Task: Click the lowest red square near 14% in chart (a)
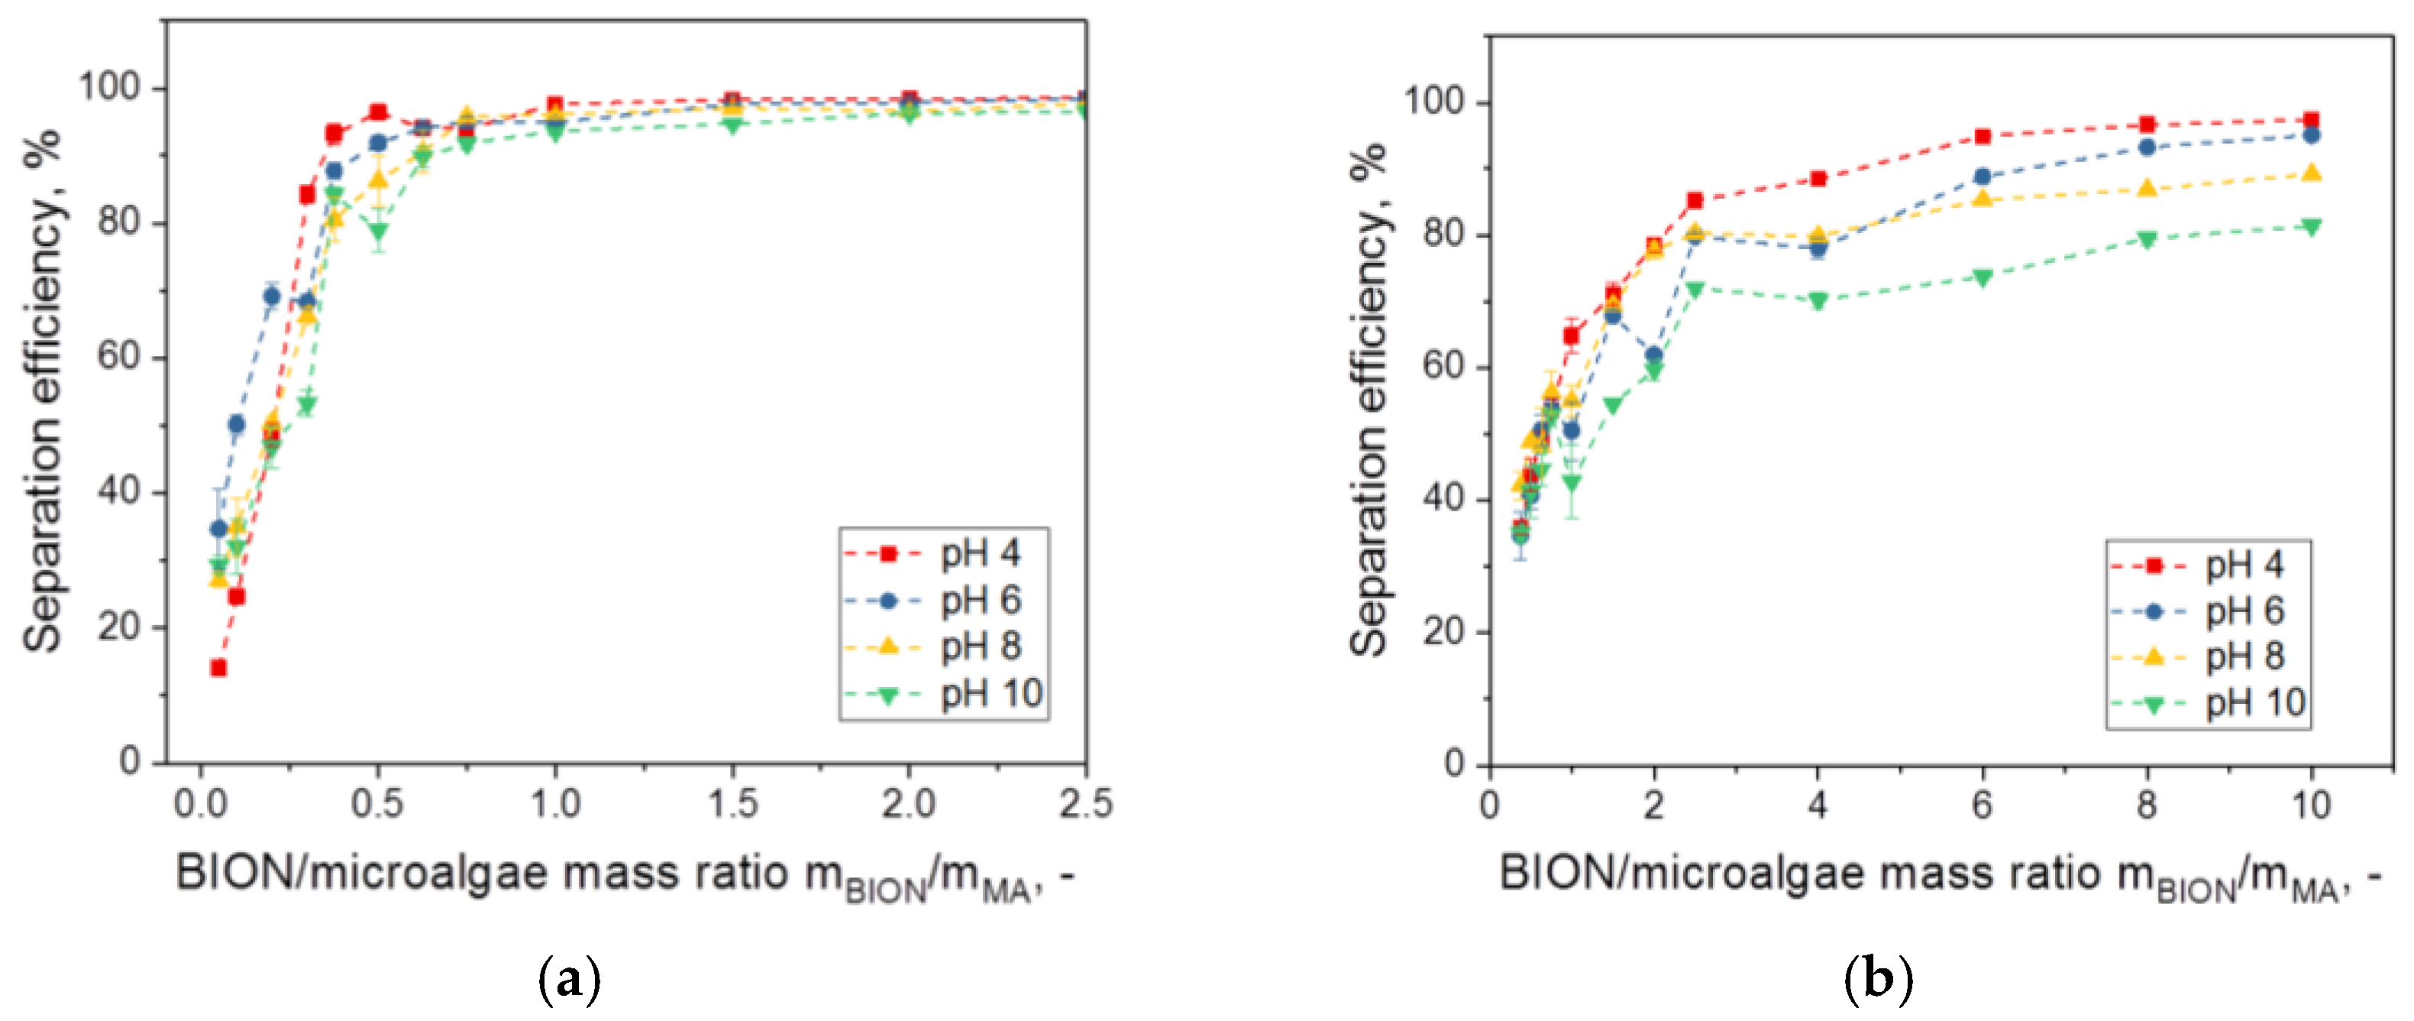[218, 667]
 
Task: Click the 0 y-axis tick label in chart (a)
[131, 760]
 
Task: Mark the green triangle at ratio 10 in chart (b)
[2311, 227]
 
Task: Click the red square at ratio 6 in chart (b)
[1982, 137]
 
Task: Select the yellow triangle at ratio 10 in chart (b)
[2311, 173]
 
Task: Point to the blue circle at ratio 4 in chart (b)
[1818, 248]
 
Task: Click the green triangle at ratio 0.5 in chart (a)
[378, 231]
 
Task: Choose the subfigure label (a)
[570, 980]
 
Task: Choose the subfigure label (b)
[1877, 980]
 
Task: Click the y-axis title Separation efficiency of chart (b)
[1369, 398]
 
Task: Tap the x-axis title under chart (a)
[623, 876]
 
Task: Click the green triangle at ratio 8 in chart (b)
[2147, 240]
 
